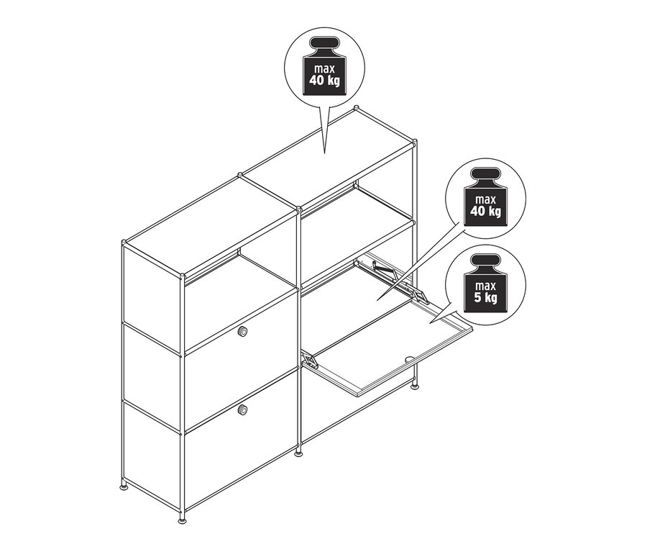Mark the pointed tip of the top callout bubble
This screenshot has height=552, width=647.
(x=325, y=153)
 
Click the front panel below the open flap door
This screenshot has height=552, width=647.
(x=338, y=410)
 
